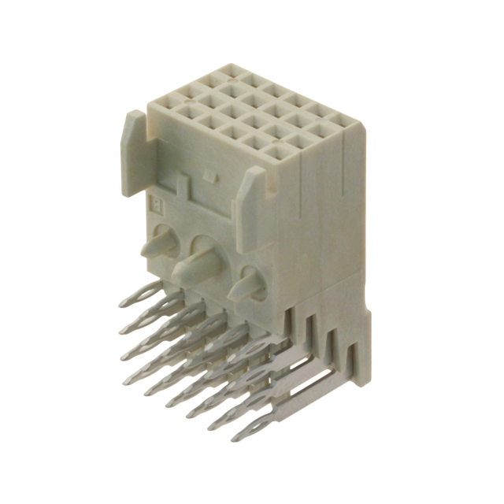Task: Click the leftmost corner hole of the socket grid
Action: coord(168,102)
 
